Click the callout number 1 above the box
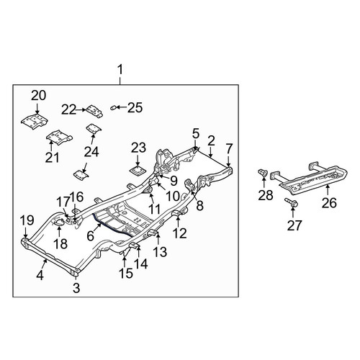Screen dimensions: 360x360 pos(120,70)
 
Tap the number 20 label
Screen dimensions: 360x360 pos(38,96)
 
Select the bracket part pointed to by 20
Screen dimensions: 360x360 pos(35,122)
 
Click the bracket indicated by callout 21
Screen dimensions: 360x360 pos(59,138)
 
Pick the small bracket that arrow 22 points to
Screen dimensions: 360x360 pos(95,111)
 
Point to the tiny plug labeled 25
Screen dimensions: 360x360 pos(113,108)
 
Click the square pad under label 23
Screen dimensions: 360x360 pos(138,171)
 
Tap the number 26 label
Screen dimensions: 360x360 pos(330,203)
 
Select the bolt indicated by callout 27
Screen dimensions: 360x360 pos(292,203)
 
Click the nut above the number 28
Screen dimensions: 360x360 pos(263,173)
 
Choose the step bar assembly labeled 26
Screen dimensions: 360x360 pos(310,179)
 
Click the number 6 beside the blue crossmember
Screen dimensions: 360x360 pos(90,235)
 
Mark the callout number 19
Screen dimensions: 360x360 pos(27,220)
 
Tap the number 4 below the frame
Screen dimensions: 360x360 pos(40,275)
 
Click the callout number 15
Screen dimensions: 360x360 pos(126,273)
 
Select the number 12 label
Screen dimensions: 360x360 pos(179,233)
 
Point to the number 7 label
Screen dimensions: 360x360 pos(229,148)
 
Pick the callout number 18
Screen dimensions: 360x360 pos(60,244)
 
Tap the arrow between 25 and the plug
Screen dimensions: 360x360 pos(121,107)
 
